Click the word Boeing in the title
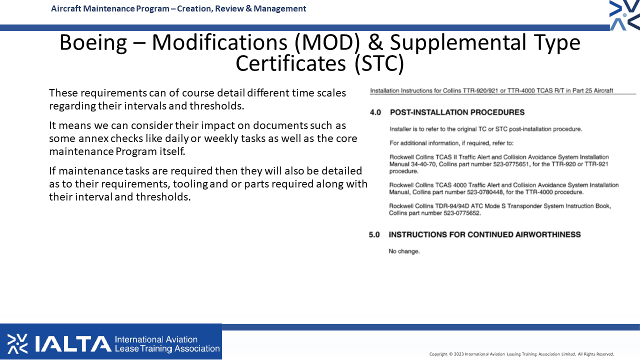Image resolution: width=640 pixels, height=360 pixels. coord(93,43)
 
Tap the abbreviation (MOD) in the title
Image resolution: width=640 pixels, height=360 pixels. coord(327,43)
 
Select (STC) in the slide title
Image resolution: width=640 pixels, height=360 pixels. coord(379,63)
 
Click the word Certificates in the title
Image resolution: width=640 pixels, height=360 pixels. coord(290,63)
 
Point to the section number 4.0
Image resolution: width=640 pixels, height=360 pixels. coord(375,112)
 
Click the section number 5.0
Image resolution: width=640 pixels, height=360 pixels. coord(374,235)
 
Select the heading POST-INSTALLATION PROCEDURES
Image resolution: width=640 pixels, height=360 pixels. coord(457,112)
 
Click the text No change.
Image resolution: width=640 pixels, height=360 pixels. coord(404,251)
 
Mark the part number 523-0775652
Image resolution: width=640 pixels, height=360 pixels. coord(462,213)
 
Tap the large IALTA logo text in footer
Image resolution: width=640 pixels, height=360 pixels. coord(73,343)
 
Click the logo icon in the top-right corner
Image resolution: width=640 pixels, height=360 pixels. coord(624,15)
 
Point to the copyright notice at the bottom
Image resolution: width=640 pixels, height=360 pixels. coord(521,354)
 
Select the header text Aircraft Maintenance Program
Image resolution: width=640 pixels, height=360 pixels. coord(110,9)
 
